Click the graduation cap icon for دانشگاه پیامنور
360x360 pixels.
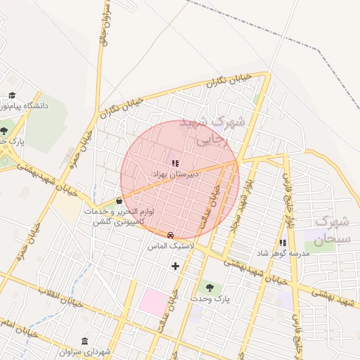point(12,95)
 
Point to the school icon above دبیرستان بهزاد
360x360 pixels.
point(175,162)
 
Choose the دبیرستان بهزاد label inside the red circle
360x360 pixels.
point(175,173)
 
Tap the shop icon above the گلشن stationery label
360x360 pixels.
point(118,201)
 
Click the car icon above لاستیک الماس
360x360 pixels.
point(170,235)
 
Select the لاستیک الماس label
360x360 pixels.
point(170,246)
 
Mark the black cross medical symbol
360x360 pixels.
point(175,266)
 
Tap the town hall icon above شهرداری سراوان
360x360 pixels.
point(85,341)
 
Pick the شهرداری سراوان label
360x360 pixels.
point(85,352)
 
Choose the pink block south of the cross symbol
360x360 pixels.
point(154,301)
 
